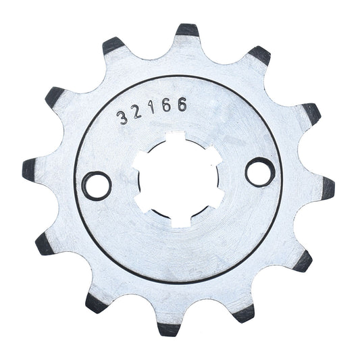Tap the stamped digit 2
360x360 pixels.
tap(137, 112)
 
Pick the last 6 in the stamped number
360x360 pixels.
tap(182, 105)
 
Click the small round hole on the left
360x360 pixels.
tap(97, 186)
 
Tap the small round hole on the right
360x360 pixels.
tap(260, 172)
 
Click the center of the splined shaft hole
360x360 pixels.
tap(178, 179)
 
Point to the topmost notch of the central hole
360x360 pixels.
tap(177, 136)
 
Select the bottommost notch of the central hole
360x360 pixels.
tap(182, 222)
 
